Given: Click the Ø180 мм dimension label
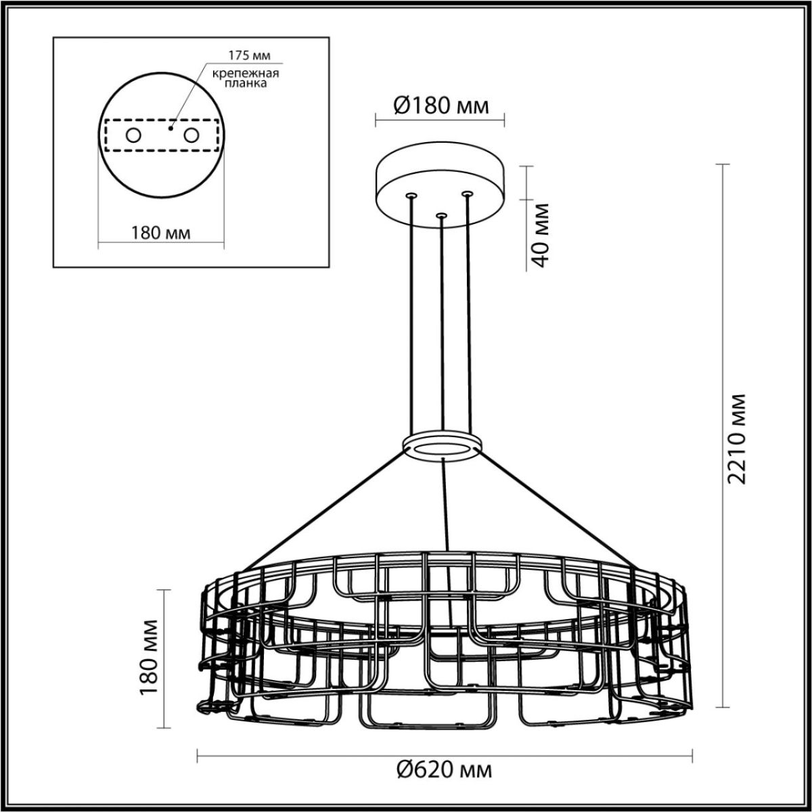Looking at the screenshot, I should [x=440, y=106].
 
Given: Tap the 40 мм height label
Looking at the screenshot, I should [x=541, y=234].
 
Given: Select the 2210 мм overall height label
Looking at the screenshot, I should [x=737, y=438].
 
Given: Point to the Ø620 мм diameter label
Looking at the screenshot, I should [x=445, y=770].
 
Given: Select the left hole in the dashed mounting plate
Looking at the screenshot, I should [x=133, y=135].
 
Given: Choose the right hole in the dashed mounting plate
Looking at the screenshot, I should [x=191, y=135].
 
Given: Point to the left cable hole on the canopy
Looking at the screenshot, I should [x=410, y=196].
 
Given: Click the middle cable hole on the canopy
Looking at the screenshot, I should [x=441, y=216].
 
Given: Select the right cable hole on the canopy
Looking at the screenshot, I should [x=466, y=194].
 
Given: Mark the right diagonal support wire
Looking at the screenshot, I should [x=562, y=511].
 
